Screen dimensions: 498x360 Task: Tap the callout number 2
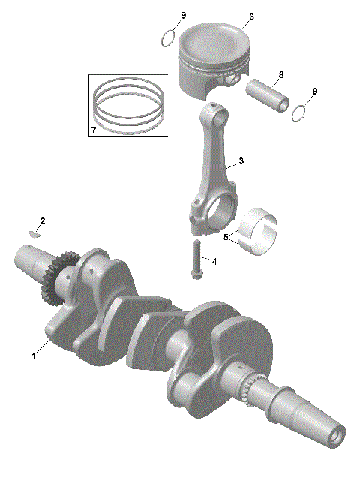pos(43,221)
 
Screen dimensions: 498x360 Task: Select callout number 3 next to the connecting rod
pos(241,161)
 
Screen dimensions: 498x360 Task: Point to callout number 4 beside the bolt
pos(214,262)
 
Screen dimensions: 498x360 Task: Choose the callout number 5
pos(226,238)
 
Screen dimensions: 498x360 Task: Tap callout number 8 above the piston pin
pos(281,74)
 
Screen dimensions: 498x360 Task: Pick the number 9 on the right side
pos(315,91)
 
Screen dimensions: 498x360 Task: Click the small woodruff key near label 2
pos(31,232)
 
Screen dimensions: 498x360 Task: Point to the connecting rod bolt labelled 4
pos(196,259)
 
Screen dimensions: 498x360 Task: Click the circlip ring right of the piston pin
pos(300,111)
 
